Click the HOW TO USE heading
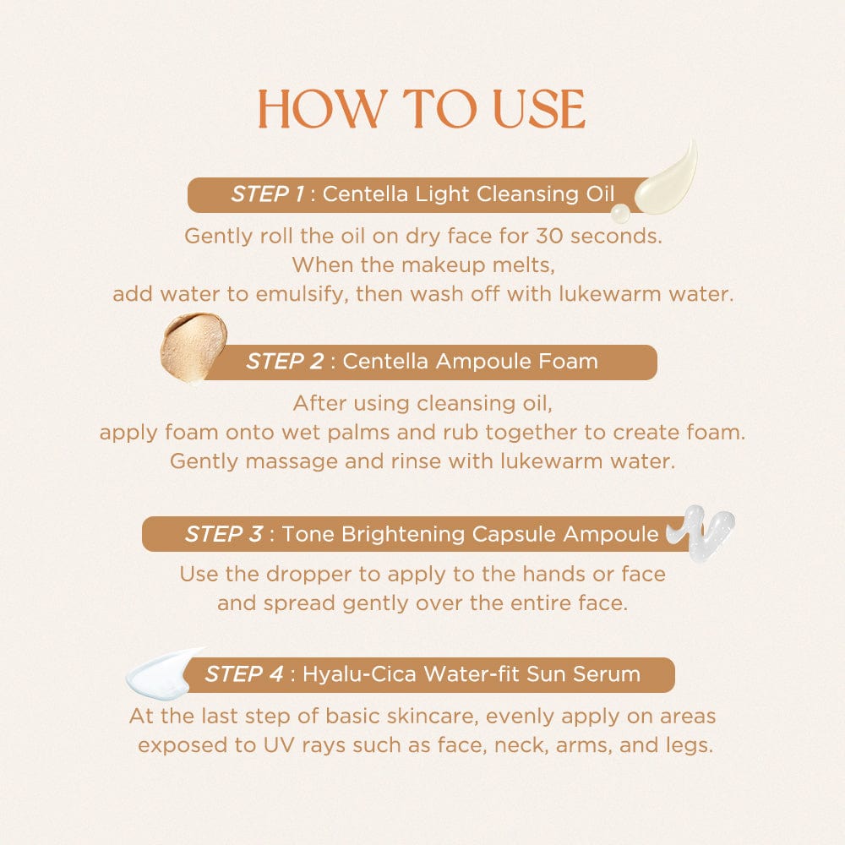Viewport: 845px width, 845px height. (422, 109)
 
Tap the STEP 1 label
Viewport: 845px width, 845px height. (267, 194)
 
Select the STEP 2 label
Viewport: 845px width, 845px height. (285, 362)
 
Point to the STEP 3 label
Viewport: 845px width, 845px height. (224, 534)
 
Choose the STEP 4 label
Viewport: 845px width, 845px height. (244, 674)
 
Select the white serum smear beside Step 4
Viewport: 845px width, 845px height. (163, 673)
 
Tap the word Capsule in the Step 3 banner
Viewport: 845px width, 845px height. (513, 534)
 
